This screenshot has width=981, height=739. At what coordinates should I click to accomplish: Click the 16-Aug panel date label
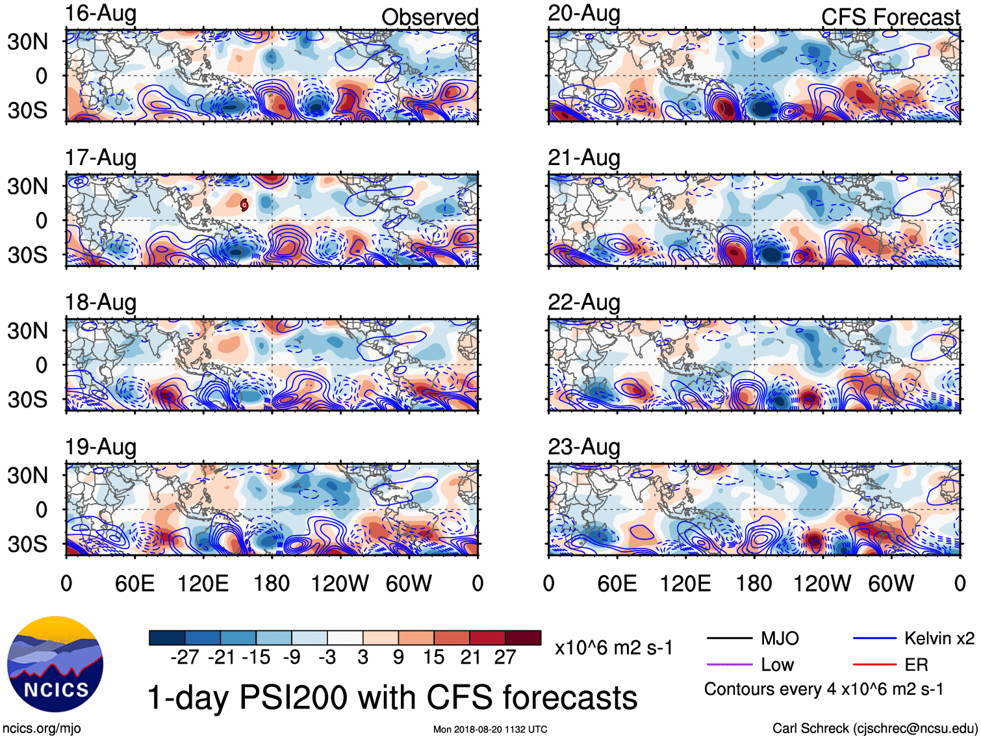[x=101, y=14]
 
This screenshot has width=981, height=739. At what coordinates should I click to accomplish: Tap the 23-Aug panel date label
[x=584, y=447]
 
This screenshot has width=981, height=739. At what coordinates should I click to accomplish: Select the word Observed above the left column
[x=429, y=18]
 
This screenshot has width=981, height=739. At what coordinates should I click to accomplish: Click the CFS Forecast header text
[x=890, y=18]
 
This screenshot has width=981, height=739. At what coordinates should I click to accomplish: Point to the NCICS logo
[x=55, y=664]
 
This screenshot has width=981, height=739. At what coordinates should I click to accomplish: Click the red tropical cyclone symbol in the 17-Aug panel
[x=244, y=205]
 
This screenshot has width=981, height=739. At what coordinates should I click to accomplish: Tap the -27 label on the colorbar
[x=185, y=657]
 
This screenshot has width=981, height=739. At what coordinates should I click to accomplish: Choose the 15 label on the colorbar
[x=433, y=657]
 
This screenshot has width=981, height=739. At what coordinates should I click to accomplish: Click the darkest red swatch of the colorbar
[x=523, y=638]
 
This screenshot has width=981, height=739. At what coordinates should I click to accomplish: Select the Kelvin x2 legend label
[x=939, y=638]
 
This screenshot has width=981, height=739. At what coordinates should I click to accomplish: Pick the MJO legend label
[x=780, y=638]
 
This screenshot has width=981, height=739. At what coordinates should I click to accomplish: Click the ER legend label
[x=916, y=665]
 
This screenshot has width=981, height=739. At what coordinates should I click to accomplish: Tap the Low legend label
[x=777, y=665]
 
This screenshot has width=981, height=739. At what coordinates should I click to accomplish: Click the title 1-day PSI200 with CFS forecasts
[x=392, y=697]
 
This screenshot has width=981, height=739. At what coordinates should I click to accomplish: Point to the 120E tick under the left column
[x=203, y=584]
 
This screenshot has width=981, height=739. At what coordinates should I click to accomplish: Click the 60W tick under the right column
[x=891, y=584]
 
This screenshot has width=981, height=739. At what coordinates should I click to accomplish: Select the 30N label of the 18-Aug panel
[x=27, y=331]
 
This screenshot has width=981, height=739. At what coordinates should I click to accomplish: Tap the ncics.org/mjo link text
[x=42, y=729]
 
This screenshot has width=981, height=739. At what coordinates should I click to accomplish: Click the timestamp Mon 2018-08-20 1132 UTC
[x=490, y=729]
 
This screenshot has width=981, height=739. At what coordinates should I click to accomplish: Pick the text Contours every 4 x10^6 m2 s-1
[x=824, y=689]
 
